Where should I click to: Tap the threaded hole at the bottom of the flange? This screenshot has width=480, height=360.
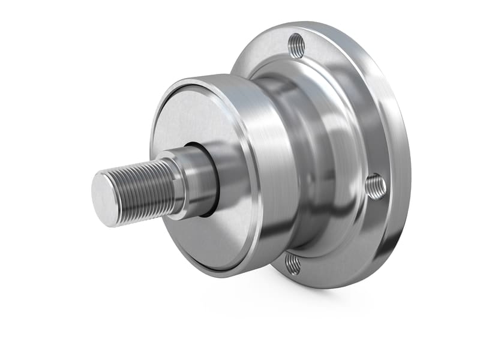coord(293,262)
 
